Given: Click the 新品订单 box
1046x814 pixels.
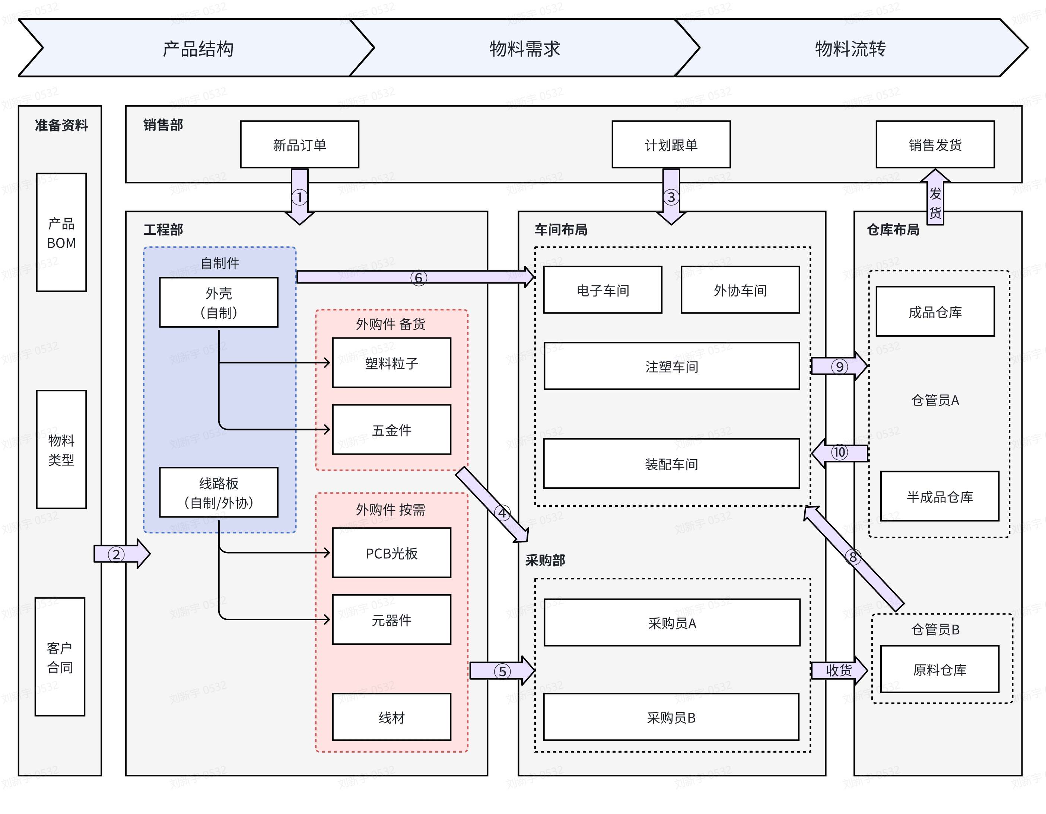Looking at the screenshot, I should [x=299, y=144].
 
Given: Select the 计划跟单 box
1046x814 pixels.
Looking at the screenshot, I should [x=671, y=144].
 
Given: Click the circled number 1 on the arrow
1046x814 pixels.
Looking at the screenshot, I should [x=299, y=197].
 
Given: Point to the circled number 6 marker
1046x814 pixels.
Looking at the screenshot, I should [x=418, y=278].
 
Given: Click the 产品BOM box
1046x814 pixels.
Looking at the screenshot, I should [x=61, y=233].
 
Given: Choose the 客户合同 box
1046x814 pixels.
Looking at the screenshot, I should [x=60, y=657].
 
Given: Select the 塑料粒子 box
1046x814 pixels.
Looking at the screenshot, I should [x=391, y=363].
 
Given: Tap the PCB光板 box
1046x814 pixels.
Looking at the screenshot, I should [x=391, y=553].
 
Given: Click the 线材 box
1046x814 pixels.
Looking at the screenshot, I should [x=391, y=717].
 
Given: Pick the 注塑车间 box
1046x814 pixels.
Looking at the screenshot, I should [x=671, y=366].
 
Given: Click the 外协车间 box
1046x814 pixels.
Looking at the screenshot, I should [x=740, y=290].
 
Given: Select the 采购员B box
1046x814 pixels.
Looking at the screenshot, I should [x=671, y=717].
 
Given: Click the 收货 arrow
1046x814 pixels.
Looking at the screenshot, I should [x=839, y=670].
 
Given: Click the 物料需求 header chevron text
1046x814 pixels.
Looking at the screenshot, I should [x=524, y=48].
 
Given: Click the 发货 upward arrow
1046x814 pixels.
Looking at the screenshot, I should [x=935, y=201].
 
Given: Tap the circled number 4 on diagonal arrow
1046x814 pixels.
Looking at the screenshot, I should [x=502, y=513].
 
